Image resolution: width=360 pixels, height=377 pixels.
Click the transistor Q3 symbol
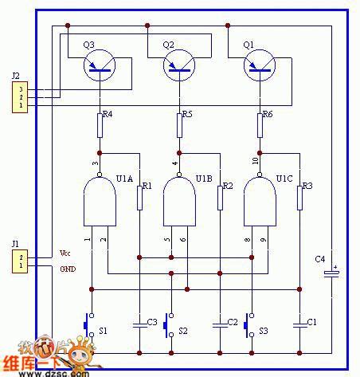tap(100, 66)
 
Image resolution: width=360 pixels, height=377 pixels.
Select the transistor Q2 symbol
tap(179, 66)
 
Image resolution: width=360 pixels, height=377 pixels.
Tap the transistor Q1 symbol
tap(259, 66)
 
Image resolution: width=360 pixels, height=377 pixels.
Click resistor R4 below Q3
tap(100, 124)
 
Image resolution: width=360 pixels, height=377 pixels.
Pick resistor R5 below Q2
tap(179, 124)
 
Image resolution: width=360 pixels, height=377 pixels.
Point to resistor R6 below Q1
tap(260, 124)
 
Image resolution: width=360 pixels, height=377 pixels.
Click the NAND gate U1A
tap(100, 199)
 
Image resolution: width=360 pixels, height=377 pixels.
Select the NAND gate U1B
tap(179, 199)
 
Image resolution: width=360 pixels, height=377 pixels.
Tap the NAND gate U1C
tap(260, 199)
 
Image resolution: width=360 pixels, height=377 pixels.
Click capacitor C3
tap(139, 324)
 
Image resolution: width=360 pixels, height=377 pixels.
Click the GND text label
tap(69, 269)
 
